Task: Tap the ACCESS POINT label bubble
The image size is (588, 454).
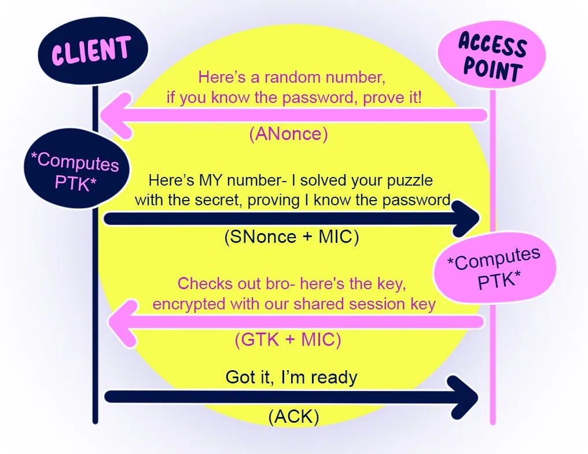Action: [491, 57]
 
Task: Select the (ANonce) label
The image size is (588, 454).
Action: [289, 134]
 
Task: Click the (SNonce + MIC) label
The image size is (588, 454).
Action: [291, 237]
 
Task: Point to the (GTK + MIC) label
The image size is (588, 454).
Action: [288, 340]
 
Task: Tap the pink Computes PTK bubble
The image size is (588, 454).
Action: [498, 270]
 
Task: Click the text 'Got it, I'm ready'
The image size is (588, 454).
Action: [291, 378]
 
